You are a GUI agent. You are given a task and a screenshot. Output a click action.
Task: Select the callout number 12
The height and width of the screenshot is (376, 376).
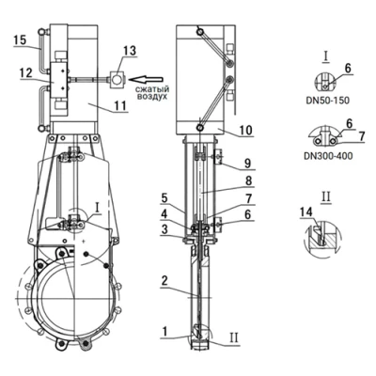tap(25, 73)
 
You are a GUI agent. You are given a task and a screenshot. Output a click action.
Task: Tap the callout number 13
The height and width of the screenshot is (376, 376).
tap(130, 51)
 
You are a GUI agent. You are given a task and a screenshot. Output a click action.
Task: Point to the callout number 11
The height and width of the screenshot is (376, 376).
tap(120, 105)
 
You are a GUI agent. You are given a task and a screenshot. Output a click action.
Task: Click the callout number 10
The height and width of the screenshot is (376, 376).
tap(245, 131)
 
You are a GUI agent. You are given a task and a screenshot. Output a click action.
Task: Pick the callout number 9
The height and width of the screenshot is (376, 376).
tap(248, 163)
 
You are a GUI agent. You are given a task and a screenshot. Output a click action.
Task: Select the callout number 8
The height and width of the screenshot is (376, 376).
tap(248, 180)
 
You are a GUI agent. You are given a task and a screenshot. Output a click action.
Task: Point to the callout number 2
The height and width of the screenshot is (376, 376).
tap(165, 281)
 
